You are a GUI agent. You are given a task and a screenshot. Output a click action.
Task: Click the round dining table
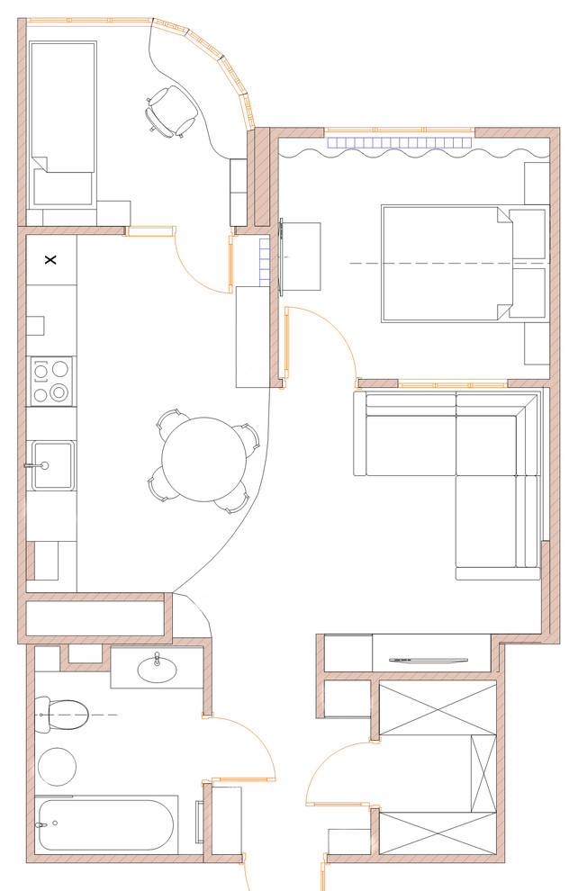coord(203,459)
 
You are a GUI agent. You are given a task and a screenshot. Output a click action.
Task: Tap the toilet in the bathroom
coord(61,715)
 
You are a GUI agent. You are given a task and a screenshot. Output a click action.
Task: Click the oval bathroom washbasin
coord(157,668)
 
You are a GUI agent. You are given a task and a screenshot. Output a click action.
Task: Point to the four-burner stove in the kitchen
coord(51,381)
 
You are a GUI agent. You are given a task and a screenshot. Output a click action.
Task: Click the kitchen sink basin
coord(51,465)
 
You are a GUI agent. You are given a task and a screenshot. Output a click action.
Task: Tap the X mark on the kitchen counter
coord(50,260)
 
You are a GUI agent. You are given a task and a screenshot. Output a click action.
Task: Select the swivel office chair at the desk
coord(170,112)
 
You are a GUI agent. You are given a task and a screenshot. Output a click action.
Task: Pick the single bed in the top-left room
coord(62,122)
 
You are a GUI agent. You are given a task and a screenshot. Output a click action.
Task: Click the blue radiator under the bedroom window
coord(400,142)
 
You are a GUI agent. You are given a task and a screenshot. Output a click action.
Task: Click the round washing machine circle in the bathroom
coord(57,766)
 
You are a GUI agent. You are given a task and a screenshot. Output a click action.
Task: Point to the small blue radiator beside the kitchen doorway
coord(265,262)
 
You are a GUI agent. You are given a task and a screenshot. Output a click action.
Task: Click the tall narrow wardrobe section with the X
coord(483,773)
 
